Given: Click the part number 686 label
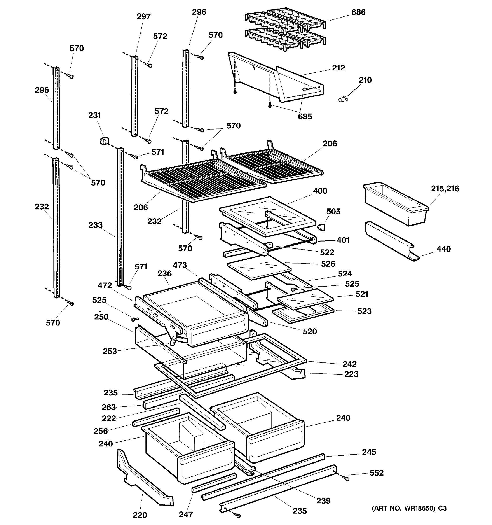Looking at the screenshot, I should click(358, 12).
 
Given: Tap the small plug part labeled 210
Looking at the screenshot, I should click(343, 100).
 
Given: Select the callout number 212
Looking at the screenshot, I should click(338, 68).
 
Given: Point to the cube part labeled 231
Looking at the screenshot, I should click(104, 141).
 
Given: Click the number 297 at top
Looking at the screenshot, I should click(144, 17).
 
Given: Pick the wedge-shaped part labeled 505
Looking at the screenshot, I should click(321, 227).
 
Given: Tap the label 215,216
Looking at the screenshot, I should click(445, 189).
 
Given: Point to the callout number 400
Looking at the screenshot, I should click(320, 191).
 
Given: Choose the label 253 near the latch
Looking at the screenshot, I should click(110, 351).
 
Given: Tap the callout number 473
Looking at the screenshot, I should click(180, 265).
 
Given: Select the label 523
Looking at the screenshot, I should click(364, 311).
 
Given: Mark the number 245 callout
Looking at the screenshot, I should click(369, 452).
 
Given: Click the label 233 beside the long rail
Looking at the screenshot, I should click(95, 225).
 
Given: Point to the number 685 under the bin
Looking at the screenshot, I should click(305, 116).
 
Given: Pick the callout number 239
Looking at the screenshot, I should click(323, 501).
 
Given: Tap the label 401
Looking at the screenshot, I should click(343, 240).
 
